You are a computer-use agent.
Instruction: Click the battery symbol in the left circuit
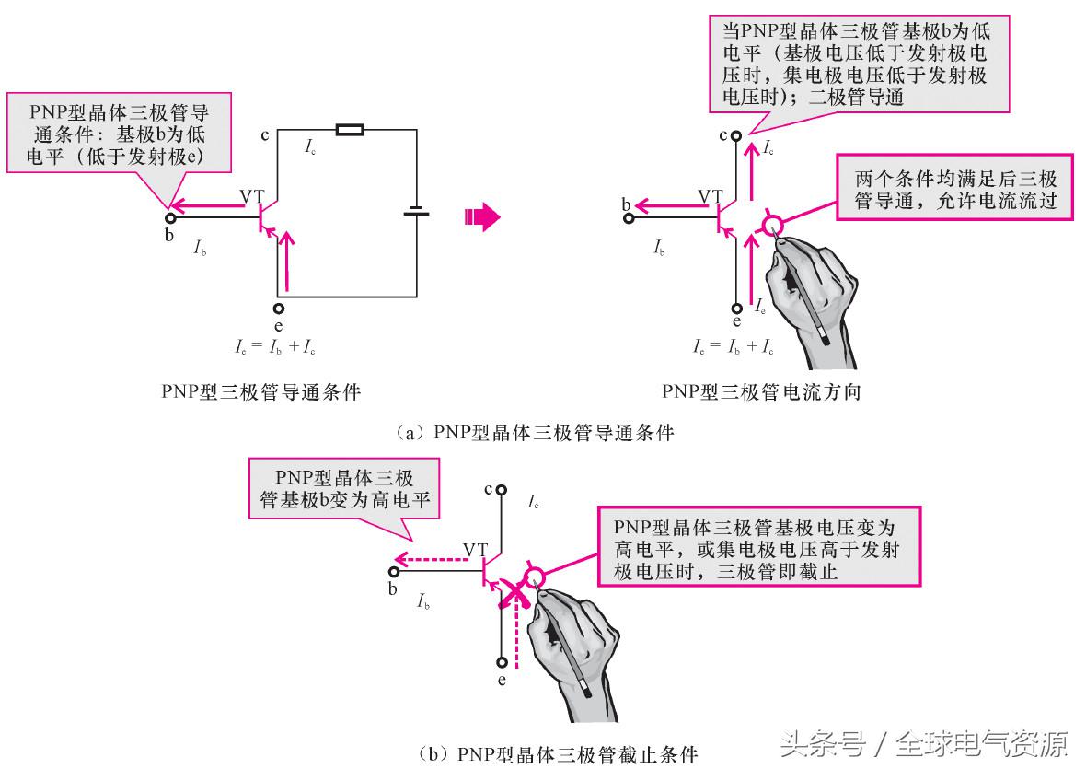416,213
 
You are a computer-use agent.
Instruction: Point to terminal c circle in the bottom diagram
502,491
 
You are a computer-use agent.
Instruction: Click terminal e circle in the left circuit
279,309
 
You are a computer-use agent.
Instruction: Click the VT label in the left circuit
252,196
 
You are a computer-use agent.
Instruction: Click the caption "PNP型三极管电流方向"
761,392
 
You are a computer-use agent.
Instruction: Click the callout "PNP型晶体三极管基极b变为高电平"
345,489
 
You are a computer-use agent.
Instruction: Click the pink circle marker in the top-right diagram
772,224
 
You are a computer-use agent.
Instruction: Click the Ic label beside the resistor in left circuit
312,146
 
